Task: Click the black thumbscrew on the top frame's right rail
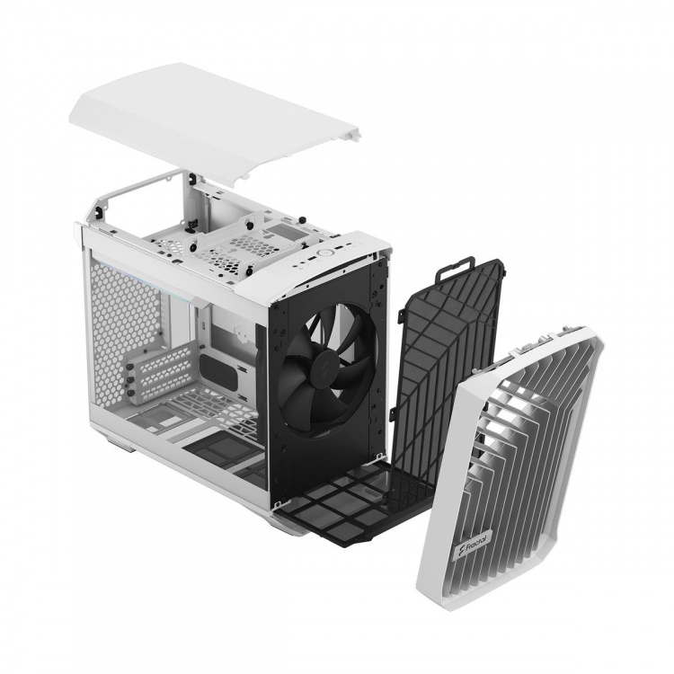click(306, 220)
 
